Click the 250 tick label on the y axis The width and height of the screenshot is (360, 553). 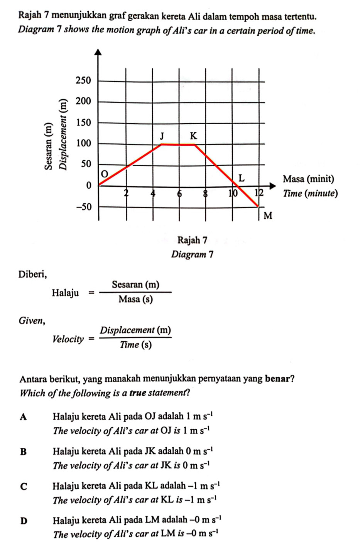click(x=83, y=81)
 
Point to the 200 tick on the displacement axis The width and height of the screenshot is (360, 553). click(x=83, y=101)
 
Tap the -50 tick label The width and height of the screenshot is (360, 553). click(x=83, y=207)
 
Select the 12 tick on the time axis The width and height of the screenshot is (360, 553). click(x=259, y=192)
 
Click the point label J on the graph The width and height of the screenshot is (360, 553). click(x=162, y=136)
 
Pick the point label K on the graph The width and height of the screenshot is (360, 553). click(x=193, y=136)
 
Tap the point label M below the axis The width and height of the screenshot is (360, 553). click(x=268, y=216)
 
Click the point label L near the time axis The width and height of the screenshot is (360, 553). click(x=242, y=178)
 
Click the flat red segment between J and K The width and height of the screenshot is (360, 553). click(x=178, y=145)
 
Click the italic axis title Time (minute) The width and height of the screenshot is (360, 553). click(x=310, y=193)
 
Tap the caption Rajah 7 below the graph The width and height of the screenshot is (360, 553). click(x=192, y=240)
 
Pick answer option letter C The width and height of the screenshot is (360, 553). click(x=24, y=486)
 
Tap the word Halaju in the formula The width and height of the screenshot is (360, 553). click(x=66, y=293)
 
